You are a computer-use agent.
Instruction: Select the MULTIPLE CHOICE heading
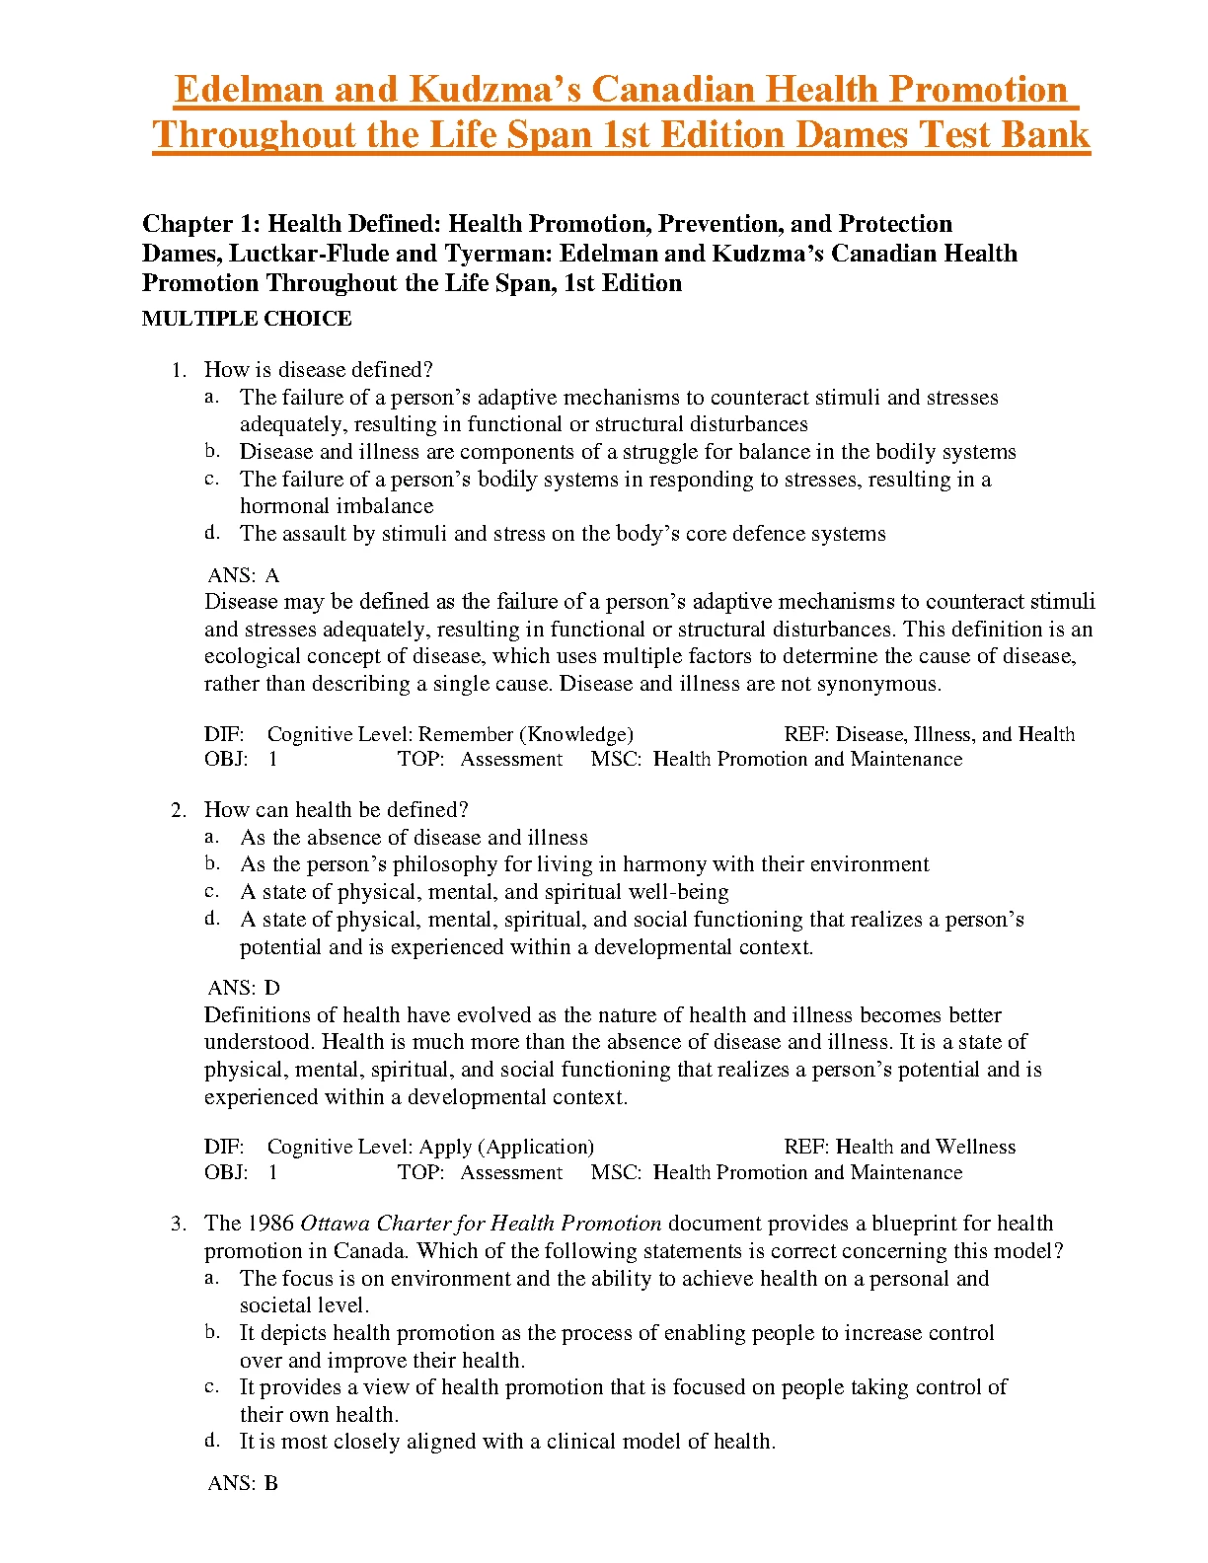[x=247, y=319]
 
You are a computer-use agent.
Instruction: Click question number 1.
[x=178, y=371]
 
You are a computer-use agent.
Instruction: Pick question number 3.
[x=178, y=1225]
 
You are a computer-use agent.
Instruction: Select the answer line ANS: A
[x=244, y=575]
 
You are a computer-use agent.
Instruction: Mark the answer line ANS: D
[x=244, y=988]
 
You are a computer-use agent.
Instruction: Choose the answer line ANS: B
[x=243, y=1483]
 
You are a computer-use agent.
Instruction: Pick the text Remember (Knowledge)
[x=526, y=734]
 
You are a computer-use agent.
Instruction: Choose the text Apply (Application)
[x=506, y=1147]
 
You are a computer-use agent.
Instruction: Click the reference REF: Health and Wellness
[x=899, y=1147]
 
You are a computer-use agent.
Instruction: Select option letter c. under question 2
[x=212, y=891]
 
